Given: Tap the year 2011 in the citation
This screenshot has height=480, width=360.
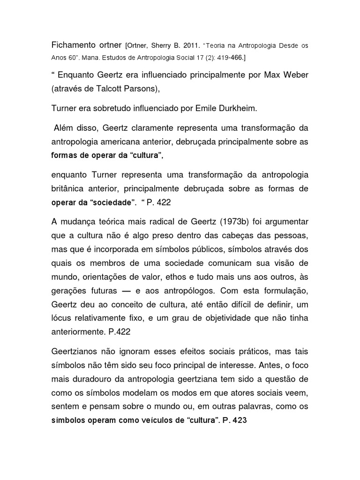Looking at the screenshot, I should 192,46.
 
